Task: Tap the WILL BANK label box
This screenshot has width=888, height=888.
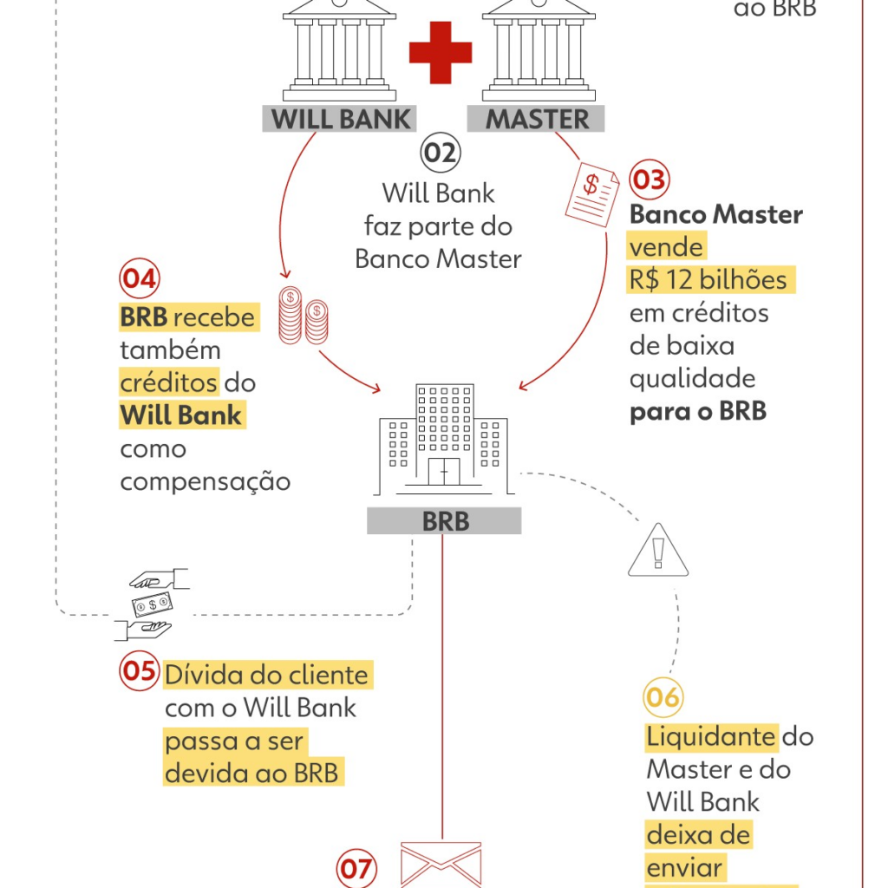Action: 339,118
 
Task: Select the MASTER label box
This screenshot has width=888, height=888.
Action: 536,118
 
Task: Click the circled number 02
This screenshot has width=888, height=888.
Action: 441,153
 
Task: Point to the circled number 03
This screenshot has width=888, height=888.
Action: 649,180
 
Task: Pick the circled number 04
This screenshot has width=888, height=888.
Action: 140,279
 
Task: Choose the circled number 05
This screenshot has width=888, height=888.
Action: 140,672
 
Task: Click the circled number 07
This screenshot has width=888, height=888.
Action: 356,868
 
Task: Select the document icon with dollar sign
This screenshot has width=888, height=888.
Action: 591,196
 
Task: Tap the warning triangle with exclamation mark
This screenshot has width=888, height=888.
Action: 657,551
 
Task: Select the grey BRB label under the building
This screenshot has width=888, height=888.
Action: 444,521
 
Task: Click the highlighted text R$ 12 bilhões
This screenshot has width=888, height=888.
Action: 708,280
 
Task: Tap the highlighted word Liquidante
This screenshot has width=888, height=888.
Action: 711,737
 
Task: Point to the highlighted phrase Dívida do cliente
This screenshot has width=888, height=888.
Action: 267,675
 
